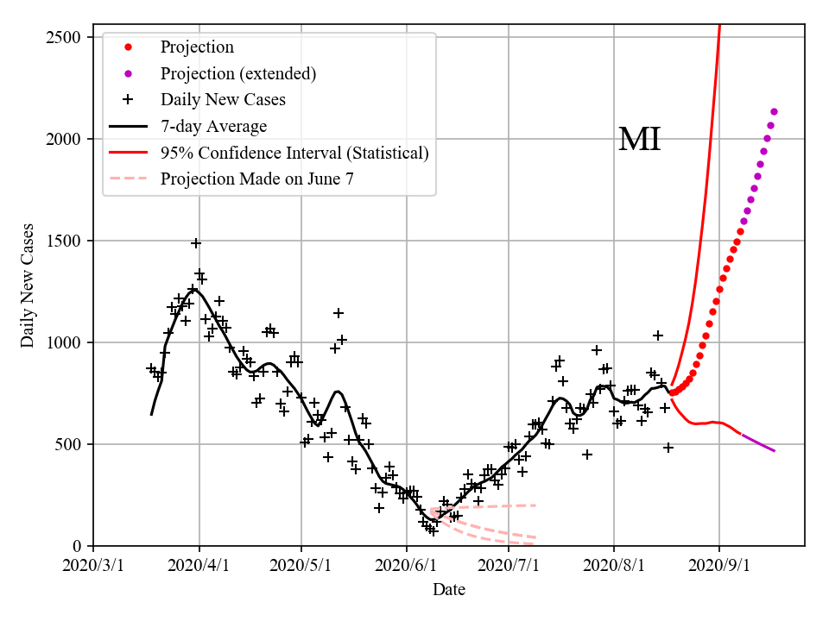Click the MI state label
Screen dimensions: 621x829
click(640, 140)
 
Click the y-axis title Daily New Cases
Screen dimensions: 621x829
click(28, 285)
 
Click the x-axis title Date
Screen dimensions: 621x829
click(449, 590)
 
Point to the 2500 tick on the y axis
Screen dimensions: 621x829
click(66, 37)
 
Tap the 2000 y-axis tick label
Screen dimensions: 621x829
click(66, 139)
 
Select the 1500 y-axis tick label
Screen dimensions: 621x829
click(66, 241)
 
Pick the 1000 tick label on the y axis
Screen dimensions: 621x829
click(66, 342)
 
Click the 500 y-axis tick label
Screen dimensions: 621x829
click(70, 444)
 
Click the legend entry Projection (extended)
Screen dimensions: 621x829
click(238, 73)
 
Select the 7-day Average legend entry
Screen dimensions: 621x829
click(213, 126)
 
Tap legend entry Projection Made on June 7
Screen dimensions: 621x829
click(256, 179)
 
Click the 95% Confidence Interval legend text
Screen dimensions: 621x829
click(294, 153)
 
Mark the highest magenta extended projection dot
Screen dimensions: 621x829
click(774, 111)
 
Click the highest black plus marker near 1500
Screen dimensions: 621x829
click(196, 243)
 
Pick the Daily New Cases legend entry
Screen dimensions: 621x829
click(223, 99)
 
